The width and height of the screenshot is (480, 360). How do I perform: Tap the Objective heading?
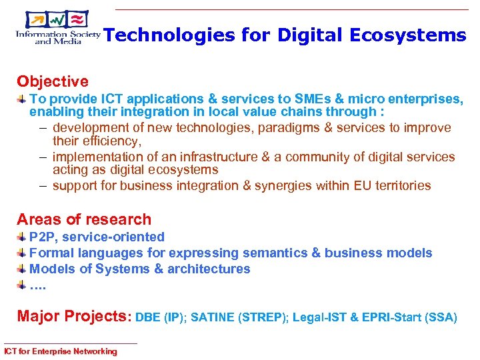click(53, 82)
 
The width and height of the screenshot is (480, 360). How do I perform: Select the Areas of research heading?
click(84, 219)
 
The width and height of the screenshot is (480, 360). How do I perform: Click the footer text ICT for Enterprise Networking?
click(60, 351)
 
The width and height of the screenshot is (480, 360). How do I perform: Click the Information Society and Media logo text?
click(57, 37)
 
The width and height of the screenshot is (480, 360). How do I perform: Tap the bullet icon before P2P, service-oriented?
click(22, 237)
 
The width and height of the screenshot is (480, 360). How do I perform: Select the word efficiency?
click(109, 141)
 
